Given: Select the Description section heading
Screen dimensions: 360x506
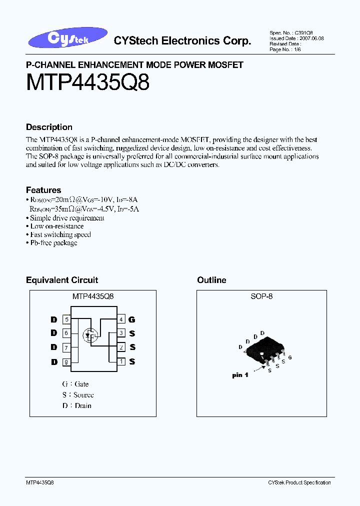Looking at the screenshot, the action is pos(49,127).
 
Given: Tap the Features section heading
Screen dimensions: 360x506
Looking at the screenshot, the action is pos(43,190).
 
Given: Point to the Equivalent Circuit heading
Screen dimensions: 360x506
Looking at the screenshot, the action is pos(62,280).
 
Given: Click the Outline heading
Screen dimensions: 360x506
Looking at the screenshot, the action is pos(211,280).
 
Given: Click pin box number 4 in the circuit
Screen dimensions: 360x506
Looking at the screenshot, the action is pos(121,319).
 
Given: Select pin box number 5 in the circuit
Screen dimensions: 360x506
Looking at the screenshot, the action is pos(66,319).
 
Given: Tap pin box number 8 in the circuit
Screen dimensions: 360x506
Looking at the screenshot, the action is pos(66,362).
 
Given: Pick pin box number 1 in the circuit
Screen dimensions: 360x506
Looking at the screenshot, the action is pos(121,361).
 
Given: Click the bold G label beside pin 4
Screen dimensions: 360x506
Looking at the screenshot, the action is pos(132,319).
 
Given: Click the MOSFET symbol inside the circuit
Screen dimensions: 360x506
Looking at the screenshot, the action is pos(90,335).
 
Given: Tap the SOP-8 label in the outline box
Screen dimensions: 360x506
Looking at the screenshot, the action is pos(261,296).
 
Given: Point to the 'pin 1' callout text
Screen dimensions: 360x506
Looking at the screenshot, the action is pos(240,375).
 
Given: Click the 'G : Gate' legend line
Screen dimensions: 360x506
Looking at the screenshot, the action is pos(75,384).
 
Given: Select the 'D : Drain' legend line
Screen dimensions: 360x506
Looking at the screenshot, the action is pos(77,405).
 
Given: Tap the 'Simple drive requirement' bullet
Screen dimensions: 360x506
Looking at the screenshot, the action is pos(67,218).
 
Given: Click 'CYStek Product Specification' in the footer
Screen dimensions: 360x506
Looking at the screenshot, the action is pos(299,482).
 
